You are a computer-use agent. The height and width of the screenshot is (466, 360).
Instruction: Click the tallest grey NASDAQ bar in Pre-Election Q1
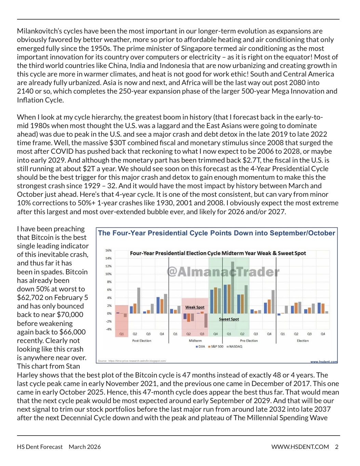pyautogui.click(x=232, y=288)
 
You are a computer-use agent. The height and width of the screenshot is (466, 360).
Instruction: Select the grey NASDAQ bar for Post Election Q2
pyautogui.click(x=139, y=301)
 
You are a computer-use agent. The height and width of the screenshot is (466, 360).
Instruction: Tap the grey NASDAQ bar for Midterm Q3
pyautogui.click(x=206, y=320)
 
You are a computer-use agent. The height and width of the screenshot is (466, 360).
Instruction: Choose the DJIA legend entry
pyautogui.click(x=200, y=346)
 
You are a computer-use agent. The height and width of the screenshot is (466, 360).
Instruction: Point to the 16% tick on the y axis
pyautogui.click(x=108, y=250)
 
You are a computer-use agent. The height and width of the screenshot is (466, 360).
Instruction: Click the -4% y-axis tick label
pyautogui.click(x=108, y=329)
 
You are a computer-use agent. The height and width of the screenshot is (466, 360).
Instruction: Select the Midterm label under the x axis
pyautogui.click(x=195, y=341)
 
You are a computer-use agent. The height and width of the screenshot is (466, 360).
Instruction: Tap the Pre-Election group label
pyautogui.click(x=249, y=341)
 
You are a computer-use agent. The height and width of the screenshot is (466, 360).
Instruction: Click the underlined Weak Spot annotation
pyautogui.click(x=195, y=307)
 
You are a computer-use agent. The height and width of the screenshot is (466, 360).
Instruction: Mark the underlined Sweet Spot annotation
pyautogui.click(x=229, y=319)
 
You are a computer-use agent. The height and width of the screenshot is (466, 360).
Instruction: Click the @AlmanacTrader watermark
pyautogui.click(x=223, y=272)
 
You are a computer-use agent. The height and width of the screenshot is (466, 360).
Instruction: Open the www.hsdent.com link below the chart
pyautogui.click(x=323, y=361)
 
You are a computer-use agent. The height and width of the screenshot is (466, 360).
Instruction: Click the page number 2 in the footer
pyautogui.click(x=336, y=447)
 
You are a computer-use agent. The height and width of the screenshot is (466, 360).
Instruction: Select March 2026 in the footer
pyautogui.click(x=85, y=447)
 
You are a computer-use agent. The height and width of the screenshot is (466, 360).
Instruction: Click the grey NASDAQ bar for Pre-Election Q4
pyautogui.click(x=273, y=302)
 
